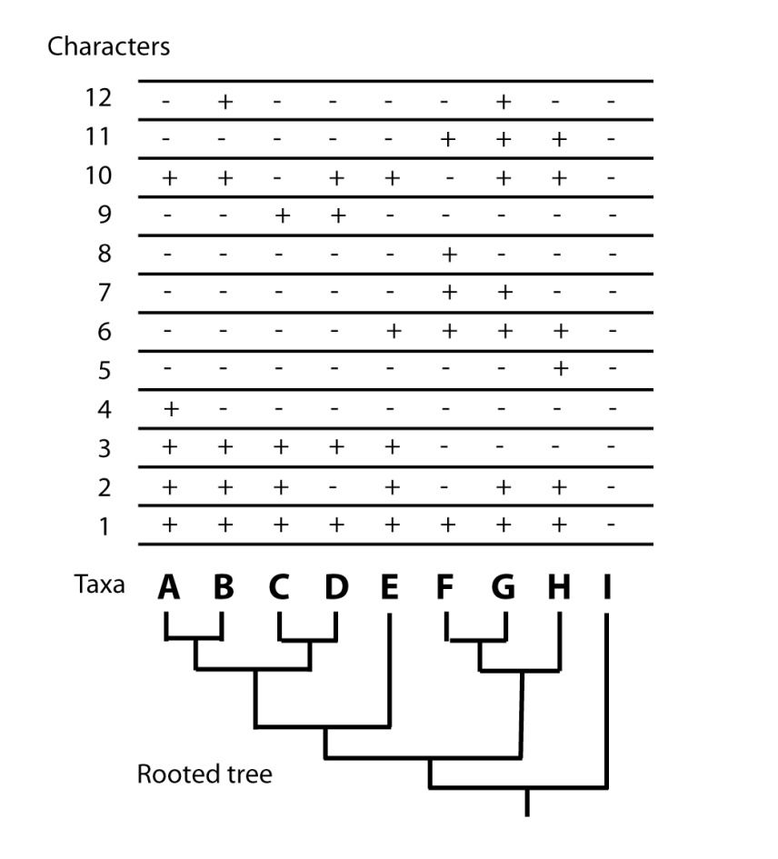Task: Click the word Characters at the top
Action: click(108, 47)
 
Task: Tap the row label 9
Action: click(104, 215)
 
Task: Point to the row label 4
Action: click(104, 410)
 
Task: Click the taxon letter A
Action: click(167, 589)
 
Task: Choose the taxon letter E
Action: click(390, 589)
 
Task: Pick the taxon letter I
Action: click(606, 589)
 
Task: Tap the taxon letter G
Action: click(504, 589)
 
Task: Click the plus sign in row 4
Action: click(169, 410)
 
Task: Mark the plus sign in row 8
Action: click(447, 255)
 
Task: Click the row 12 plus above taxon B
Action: click(224, 100)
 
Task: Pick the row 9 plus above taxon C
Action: click(281, 215)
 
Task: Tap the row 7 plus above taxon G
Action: click(504, 293)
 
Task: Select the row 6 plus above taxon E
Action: click(392, 332)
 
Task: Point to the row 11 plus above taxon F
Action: click(447, 138)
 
